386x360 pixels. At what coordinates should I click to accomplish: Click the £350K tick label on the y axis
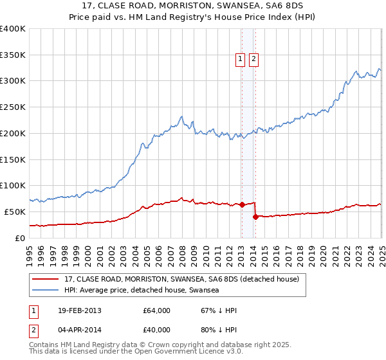[x=13, y=55]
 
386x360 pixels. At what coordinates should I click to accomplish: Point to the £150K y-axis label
[x=13, y=159]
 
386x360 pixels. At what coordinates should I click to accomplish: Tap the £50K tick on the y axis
[x=15, y=212]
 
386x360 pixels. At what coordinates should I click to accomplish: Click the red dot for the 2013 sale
[x=242, y=205]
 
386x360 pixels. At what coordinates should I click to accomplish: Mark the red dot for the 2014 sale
[x=255, y=217]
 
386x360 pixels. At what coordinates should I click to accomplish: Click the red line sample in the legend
[x=46, y=280]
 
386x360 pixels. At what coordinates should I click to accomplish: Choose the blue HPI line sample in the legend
[x=46, y=291]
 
